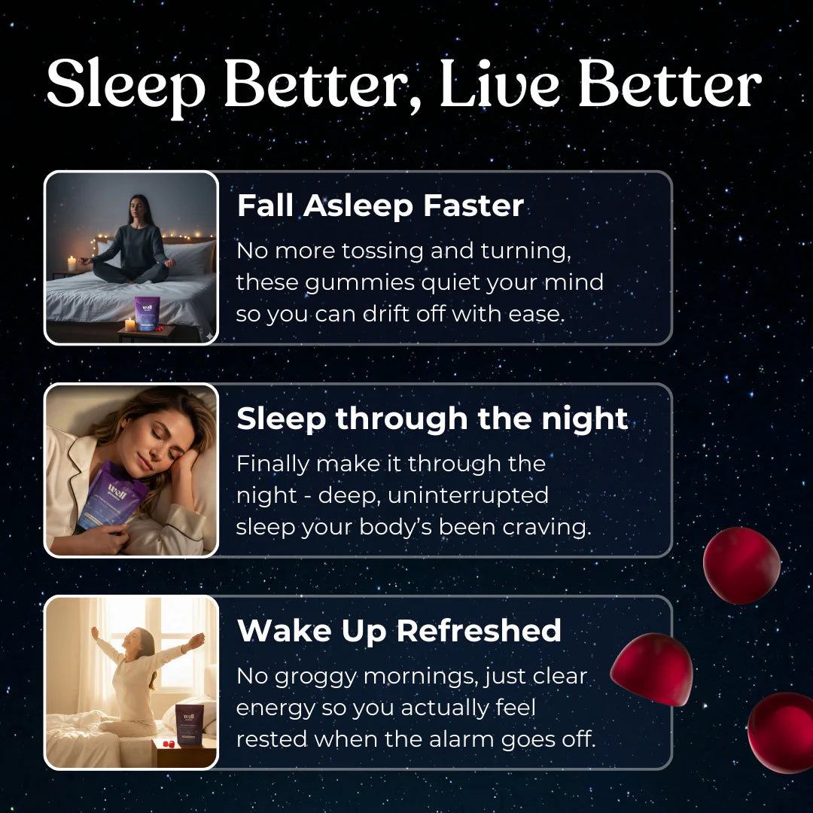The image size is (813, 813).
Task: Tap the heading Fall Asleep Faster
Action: click(x=380, y=206)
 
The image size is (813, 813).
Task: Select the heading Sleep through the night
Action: click(x=432, y=419)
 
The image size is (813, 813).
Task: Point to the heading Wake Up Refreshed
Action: click(x=399, y=631)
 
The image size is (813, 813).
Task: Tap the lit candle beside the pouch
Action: click(x=129, y=324)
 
